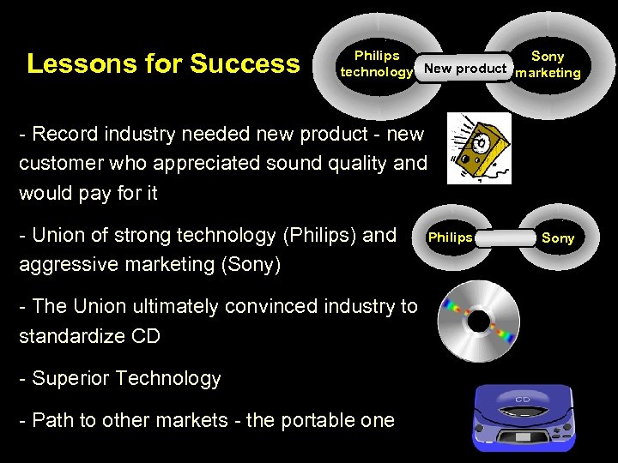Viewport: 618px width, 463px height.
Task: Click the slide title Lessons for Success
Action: click(x=163, y=64)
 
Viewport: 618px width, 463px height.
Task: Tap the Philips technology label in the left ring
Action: click(x=377, y=64)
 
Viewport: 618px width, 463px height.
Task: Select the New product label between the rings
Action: click(x=465, y=68)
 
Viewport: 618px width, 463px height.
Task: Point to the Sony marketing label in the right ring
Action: click(x=548, y=64)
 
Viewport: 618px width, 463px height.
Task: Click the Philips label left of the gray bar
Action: click(x=450, y=238)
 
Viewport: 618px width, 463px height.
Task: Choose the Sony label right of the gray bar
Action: click(x=558, y=238)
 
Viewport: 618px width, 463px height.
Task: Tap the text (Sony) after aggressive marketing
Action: click(x=251, y=264)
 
